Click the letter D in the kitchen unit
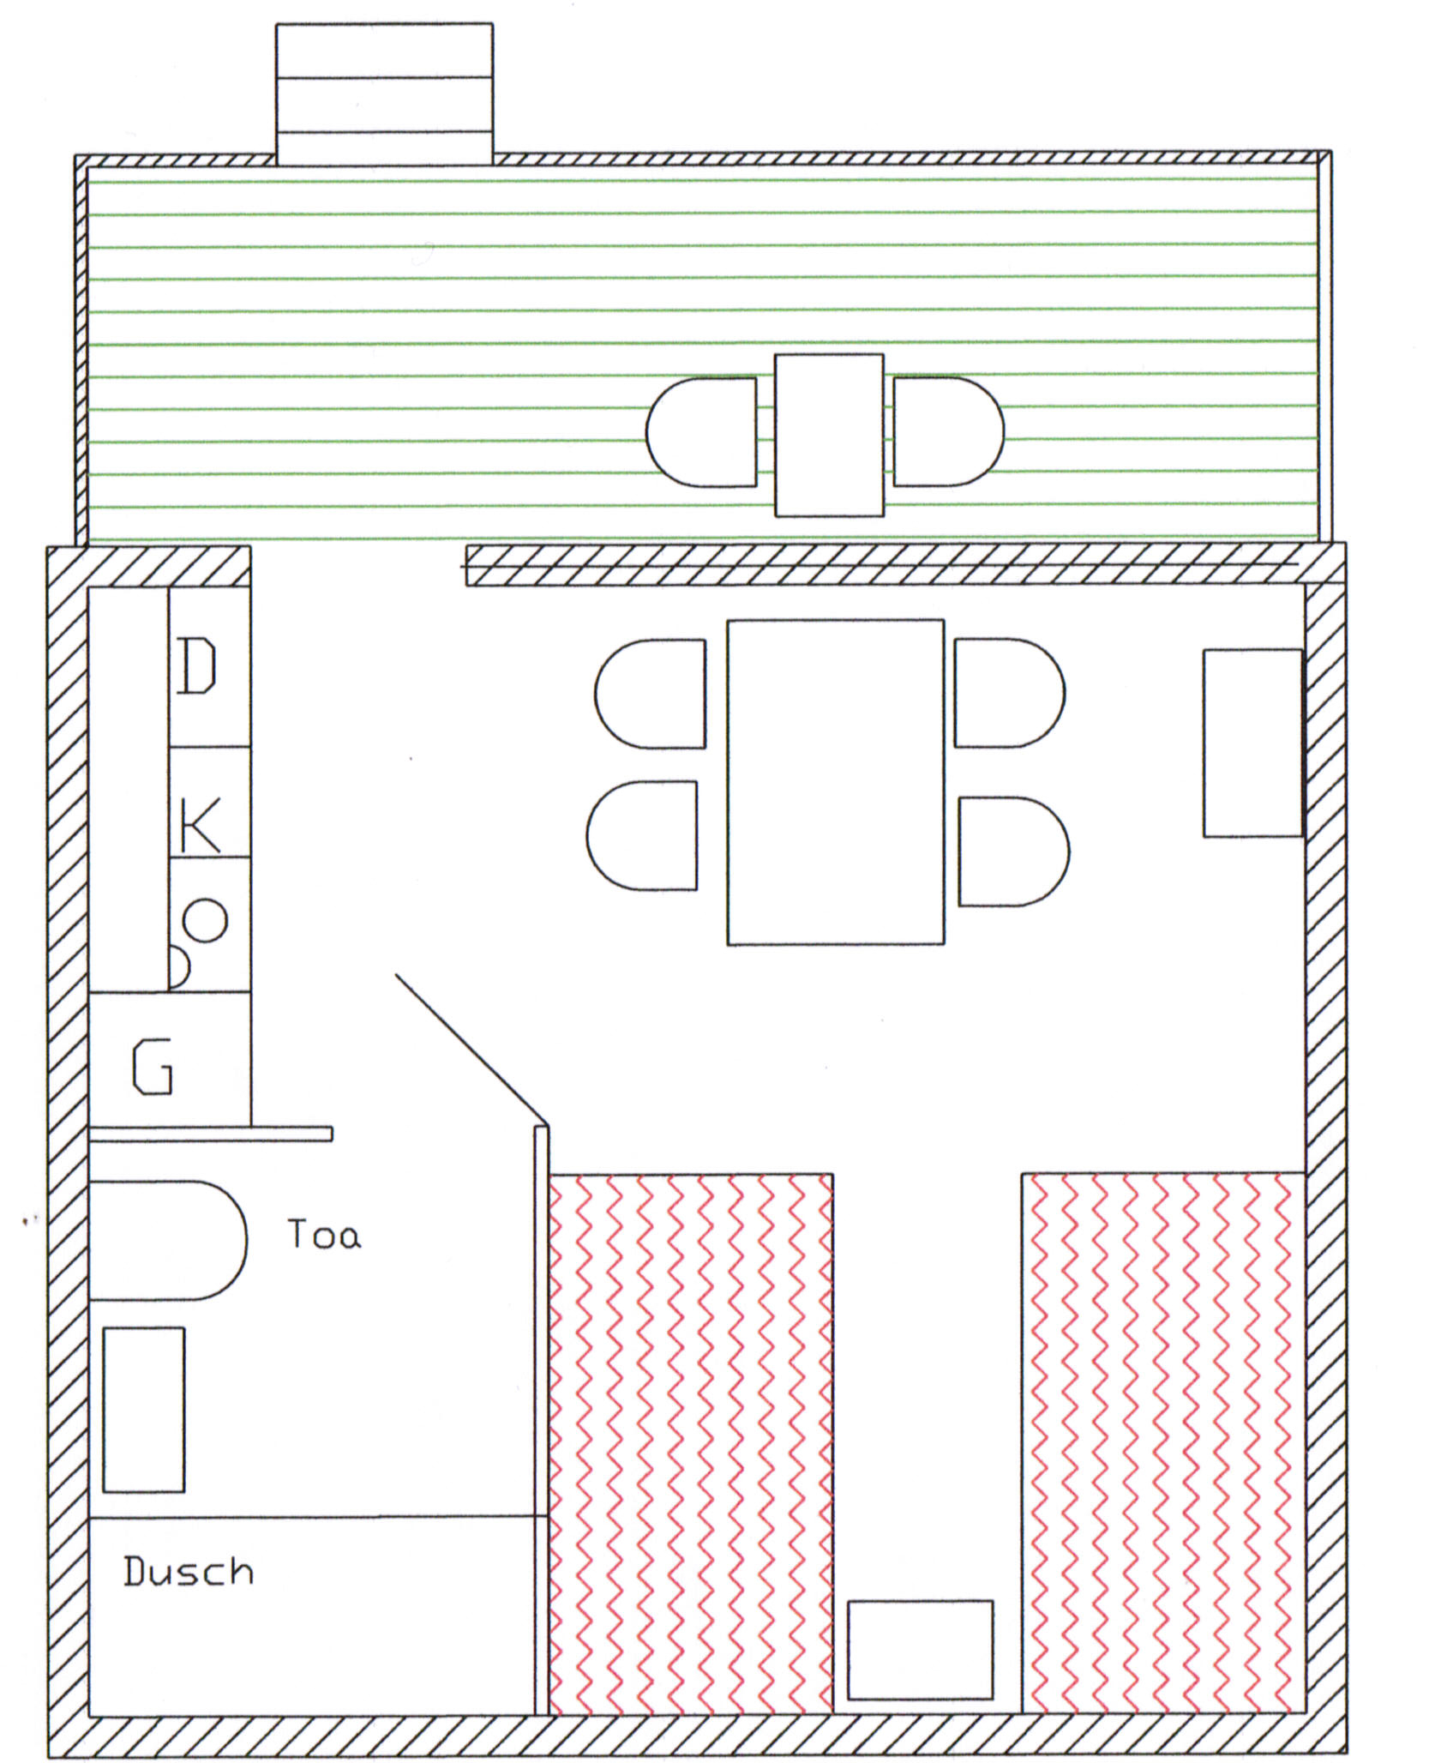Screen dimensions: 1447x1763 (x=196, y=665)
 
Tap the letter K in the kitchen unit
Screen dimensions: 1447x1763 (x=200, y=825)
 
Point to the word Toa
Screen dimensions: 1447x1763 (x=324, y=1234)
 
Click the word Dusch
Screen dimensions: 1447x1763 (x=189, y=1570)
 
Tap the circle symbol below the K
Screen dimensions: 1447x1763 (x=206, y=920)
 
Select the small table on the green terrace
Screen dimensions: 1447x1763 (x=829, y=436)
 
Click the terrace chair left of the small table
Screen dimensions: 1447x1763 (x=701, y=432)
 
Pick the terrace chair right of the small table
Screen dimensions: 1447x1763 (x=949, y=431)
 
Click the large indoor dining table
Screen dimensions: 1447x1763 (x=836, y=782)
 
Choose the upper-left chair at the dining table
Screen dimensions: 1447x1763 (x=651, y=694)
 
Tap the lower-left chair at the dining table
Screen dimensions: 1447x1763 (x=642, y=835)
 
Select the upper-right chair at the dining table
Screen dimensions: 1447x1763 (x=1011, y=693)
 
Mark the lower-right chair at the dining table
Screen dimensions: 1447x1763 (x=1015, y=851)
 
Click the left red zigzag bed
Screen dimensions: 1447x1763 (x=690, y=1444)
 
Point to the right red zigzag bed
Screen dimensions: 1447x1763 (x=1163, y=1444)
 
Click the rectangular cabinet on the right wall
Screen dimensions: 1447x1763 (x=1253, y=743)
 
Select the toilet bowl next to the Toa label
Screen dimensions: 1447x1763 (x=168, y=1240)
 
